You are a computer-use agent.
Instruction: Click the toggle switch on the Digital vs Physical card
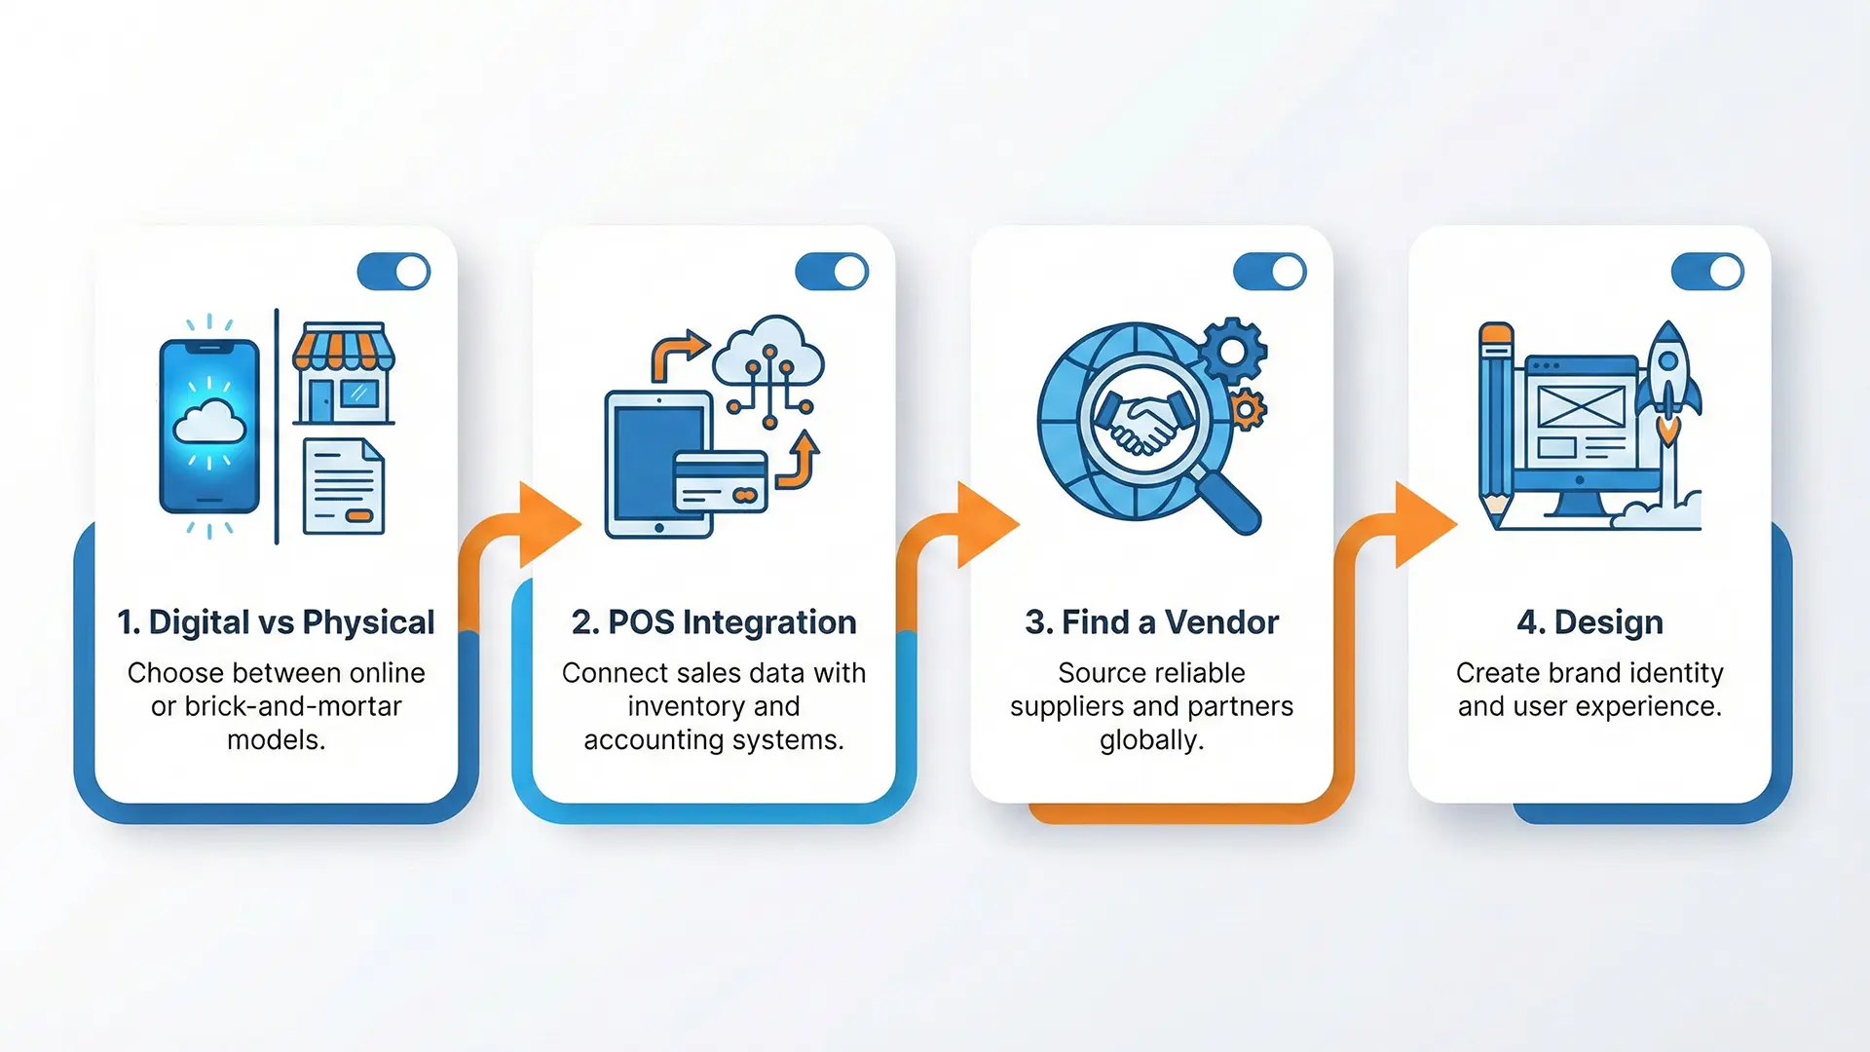(393, 272)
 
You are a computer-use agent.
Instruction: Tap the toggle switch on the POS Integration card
(831, 272)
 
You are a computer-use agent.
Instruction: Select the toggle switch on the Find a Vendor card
(1269, 272)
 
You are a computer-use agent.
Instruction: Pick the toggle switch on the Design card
(1707, 272)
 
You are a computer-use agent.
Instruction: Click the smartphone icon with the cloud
(209, 426)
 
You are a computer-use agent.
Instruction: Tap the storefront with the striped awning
(343, 374)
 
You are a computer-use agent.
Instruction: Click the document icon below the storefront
(343, 487)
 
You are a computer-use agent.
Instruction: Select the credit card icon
(721, 482)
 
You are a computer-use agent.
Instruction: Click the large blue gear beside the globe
(1233, 350)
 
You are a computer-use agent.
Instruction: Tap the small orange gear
(1247, 409)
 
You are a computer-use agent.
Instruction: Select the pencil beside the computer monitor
(1495, 424)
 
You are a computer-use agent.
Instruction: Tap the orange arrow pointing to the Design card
(1423, 524)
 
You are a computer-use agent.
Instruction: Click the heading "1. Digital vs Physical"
(276, 622)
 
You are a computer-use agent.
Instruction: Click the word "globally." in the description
(1151, 740)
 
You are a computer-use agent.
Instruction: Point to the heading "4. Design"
(1589, 622)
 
